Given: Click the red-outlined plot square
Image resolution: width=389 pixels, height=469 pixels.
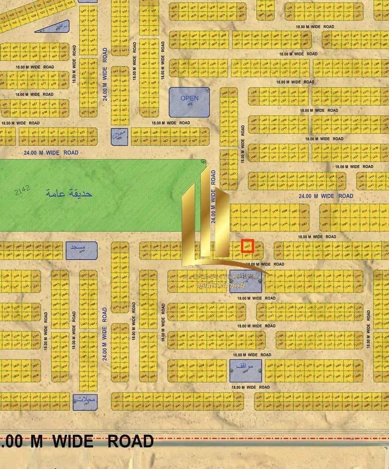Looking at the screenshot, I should (248, 246).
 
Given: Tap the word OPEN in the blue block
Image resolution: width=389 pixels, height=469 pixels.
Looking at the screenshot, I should (189, 98).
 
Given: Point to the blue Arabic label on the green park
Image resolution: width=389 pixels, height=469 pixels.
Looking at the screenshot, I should (69, 194).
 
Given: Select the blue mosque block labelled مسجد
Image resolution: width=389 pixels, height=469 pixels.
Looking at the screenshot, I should (81, 250).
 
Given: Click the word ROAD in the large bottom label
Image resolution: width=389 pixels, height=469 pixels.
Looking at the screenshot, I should (130, 441).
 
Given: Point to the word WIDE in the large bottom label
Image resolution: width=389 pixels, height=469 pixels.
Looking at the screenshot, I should (73, 441).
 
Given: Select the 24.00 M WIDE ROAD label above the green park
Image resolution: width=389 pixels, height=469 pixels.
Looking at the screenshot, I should (51, 152).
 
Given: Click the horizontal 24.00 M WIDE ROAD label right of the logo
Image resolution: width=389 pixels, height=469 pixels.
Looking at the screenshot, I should (326, 196).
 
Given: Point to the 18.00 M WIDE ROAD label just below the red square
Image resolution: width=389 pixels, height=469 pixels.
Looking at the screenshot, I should (265, 264).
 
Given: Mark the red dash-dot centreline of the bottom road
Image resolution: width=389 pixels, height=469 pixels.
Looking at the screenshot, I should (273, 438).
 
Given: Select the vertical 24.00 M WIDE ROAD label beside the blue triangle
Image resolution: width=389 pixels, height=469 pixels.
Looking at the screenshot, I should (105, 73).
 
